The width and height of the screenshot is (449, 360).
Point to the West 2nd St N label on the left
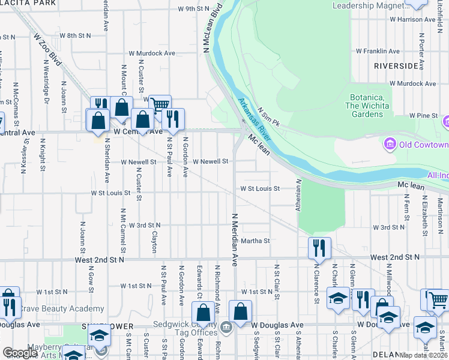point(100,260)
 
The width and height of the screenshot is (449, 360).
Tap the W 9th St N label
point(193,9)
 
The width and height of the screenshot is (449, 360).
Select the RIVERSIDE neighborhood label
point(396,65)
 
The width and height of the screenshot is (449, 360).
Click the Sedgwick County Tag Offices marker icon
point(226,327)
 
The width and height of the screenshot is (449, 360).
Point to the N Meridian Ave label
point(235,236)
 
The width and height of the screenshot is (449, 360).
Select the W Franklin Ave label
point(378,52)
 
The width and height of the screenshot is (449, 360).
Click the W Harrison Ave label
point(414,19)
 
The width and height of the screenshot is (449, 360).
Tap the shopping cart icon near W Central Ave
point(160,105)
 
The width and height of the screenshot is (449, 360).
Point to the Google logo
point(20,353)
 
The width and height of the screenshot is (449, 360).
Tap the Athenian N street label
point(298,192)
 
